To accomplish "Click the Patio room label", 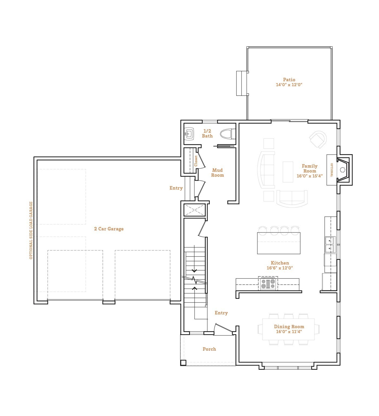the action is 289,80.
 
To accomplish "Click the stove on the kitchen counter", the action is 268,284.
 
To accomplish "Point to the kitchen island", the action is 279,243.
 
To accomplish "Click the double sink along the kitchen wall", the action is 330,244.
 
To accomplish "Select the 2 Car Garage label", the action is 109,229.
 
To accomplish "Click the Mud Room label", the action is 217,173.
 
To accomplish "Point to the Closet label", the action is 196,161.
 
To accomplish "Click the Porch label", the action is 209,349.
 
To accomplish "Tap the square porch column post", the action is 183,363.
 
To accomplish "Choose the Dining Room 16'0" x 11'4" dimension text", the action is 289,331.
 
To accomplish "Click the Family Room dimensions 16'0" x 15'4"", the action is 310,176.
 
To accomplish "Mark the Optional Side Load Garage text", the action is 31,230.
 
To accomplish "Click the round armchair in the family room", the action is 318,139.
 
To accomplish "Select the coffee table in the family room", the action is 288,172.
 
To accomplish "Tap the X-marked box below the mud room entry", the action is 195,210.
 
